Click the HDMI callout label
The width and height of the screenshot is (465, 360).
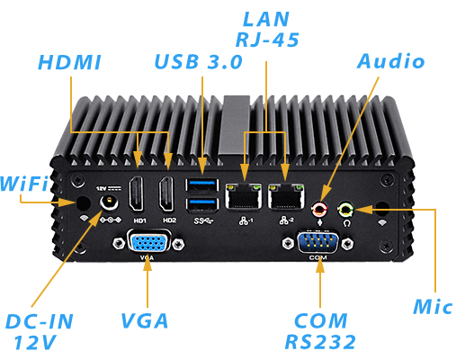click(69, 62)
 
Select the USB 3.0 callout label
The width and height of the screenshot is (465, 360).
click(198, 62)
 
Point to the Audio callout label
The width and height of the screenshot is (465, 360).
click(391, 61)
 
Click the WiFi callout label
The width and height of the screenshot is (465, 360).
click(24, 183)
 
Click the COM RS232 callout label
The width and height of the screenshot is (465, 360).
click(320, 330)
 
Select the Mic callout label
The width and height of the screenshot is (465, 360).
click(434, 306)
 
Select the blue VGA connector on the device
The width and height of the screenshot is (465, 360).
click(145, 244)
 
